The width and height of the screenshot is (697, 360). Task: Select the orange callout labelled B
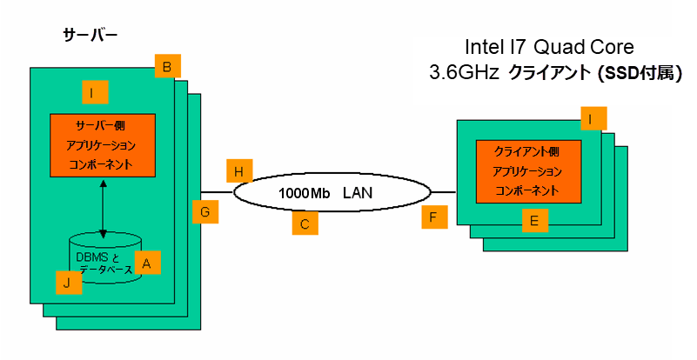coord(168,65)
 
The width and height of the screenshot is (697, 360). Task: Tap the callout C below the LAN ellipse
coord(305,223)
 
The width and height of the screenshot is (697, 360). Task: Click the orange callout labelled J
coord(67,281)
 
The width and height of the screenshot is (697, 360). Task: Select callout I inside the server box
coord(94,91)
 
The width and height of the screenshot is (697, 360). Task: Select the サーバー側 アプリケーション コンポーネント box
coord(103,144)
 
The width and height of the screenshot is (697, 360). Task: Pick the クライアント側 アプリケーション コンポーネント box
coord(528,170)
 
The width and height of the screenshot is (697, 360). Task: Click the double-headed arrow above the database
coord(104,209)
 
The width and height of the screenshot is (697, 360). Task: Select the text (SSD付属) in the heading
coord(639,74)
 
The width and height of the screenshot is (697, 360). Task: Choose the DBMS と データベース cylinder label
coord(104,263)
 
